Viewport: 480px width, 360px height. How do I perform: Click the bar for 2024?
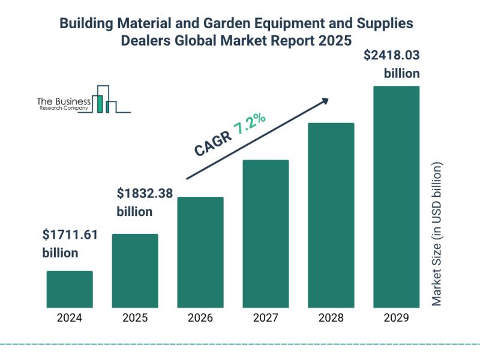70,289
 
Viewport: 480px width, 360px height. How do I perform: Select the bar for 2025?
135,270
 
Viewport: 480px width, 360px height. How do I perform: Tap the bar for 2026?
200,251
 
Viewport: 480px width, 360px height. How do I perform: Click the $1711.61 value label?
70,235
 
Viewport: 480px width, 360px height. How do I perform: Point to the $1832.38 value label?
144,193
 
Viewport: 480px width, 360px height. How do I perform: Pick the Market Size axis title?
437,234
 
